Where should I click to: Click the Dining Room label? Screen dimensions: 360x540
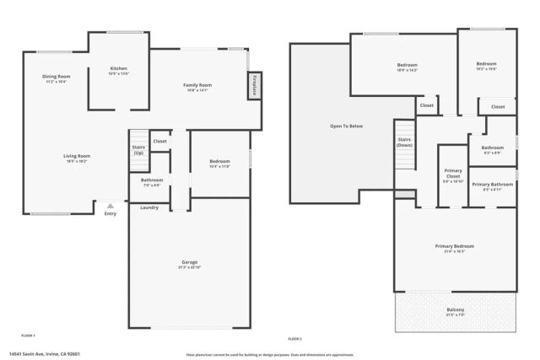[x=57, y=77]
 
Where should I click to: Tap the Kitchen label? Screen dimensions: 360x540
[x=119, y=68]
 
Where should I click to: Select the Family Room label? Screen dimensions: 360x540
[x=198, y=85]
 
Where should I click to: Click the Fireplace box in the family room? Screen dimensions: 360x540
[x=254, y=86]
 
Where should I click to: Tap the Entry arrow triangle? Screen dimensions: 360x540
[x=109, y=205]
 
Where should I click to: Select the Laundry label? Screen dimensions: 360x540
[x=149, y=207]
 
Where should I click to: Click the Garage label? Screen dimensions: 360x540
[x=189, y=262]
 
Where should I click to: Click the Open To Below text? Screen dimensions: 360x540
[x=346, y=126]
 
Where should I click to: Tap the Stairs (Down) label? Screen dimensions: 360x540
[x=404, y=142]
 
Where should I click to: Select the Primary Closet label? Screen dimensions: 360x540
[x=452, y=174]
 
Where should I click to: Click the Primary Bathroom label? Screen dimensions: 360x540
[x=492, y=185]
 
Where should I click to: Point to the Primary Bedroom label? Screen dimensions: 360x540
[x=454, y=246]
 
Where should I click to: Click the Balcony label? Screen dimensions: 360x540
[x=455, y=309]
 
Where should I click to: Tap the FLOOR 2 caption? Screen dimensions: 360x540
[x=294, y=338]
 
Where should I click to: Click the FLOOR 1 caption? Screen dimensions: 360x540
[x=28, y=336]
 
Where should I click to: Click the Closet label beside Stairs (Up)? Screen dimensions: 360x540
[x=159, y=141]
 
